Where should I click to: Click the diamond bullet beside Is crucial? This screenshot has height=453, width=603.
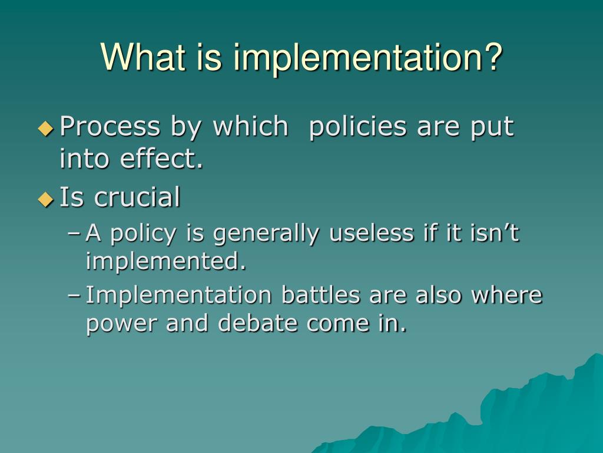tap(46, 199)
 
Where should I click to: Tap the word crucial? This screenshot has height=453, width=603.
tap(137, 198)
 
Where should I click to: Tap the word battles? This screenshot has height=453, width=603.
tap(320, 295)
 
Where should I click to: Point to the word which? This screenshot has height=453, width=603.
tap(251, 127)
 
